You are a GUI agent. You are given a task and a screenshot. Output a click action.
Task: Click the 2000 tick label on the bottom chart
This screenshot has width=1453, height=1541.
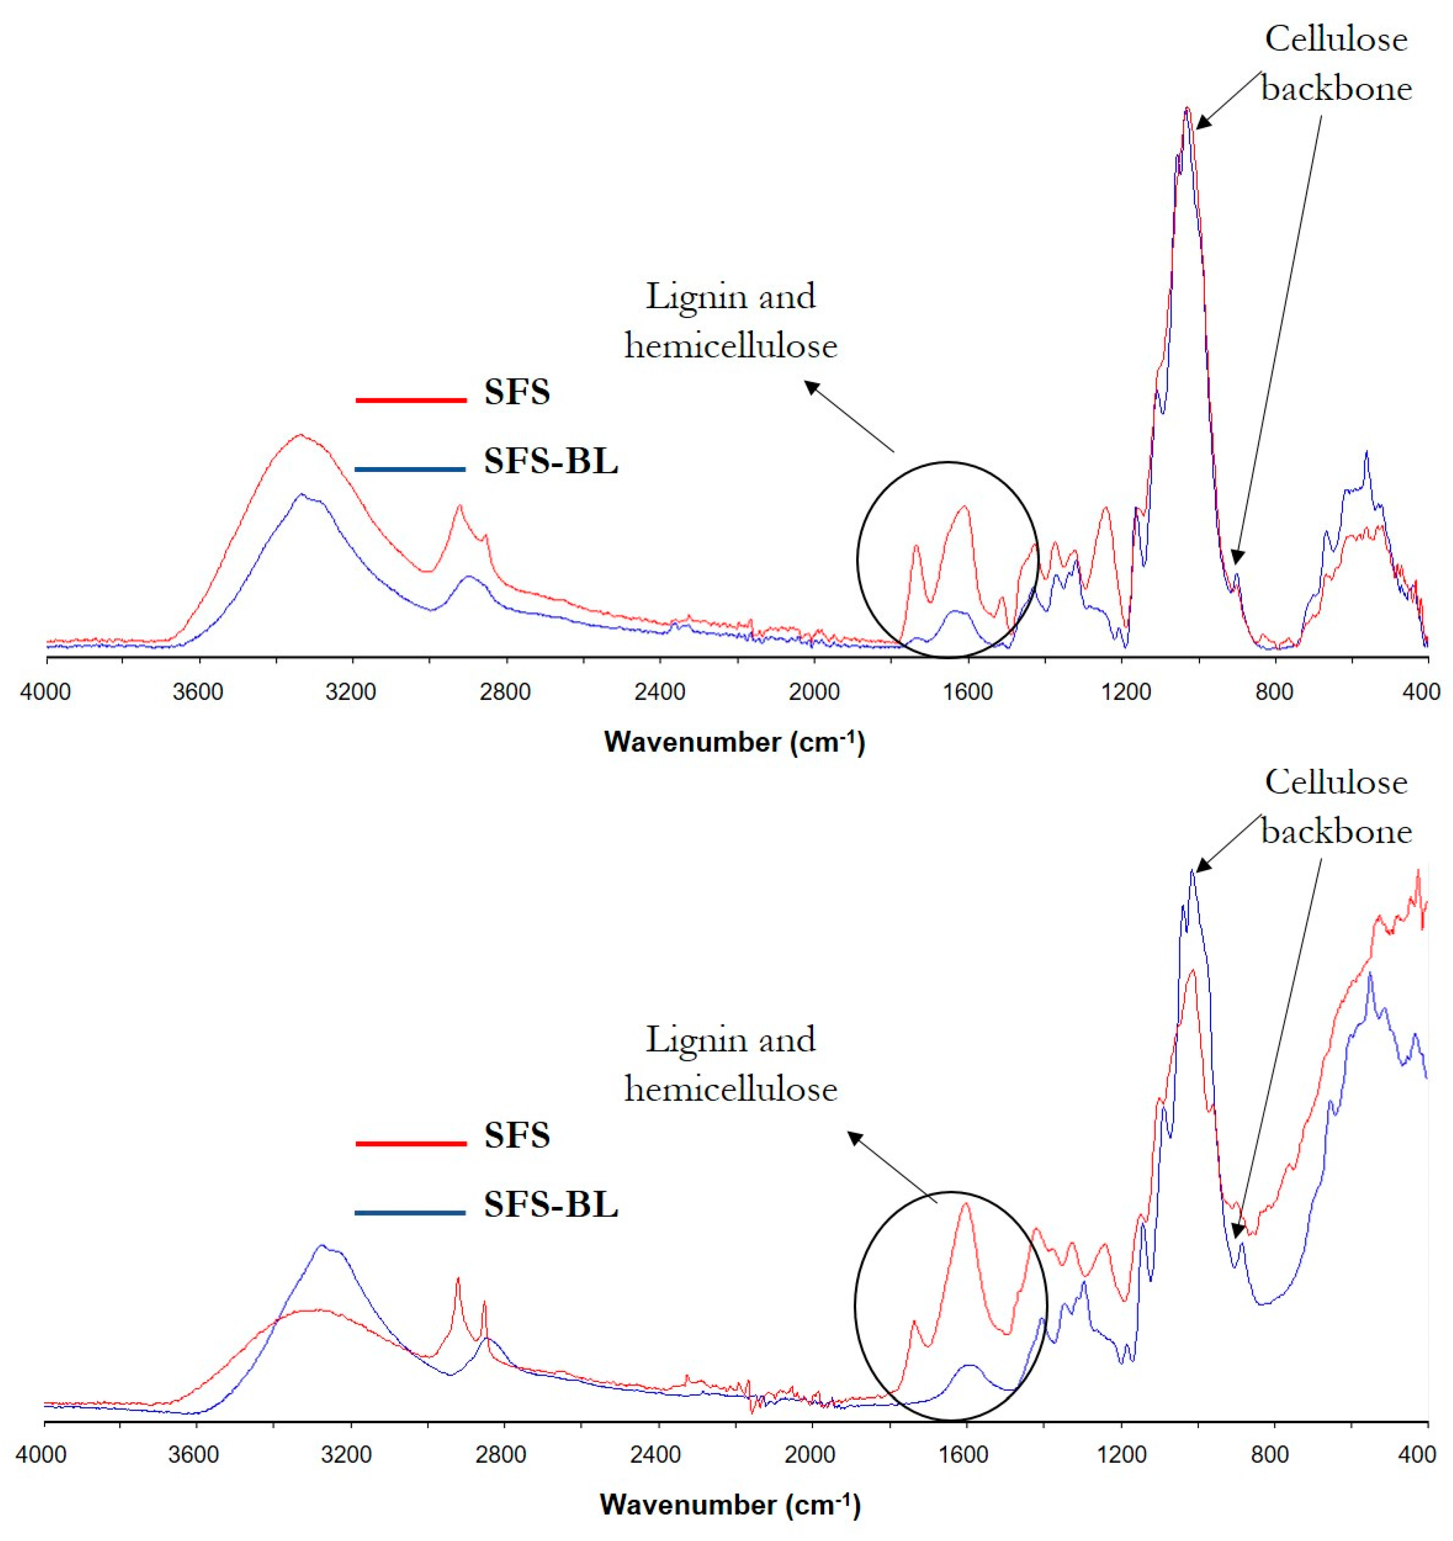tap(810, 1454)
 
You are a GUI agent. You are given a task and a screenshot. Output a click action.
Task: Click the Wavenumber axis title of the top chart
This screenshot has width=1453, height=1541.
tap(734, 743)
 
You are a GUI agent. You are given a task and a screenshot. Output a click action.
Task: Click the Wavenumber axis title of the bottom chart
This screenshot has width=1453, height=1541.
tap(730, 1506)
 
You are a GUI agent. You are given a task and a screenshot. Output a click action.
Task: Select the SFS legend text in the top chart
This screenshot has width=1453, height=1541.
tap(517, 392)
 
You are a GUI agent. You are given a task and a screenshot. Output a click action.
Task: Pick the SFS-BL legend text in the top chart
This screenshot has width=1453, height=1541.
tap(551, 462)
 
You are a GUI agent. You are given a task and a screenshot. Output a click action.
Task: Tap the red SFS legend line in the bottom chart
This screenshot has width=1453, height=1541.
tap(411, 1143)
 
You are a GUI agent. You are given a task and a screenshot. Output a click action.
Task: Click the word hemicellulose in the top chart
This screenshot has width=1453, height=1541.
tap(731, 346)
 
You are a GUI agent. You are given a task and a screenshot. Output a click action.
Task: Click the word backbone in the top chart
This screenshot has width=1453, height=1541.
tap(1336, 89)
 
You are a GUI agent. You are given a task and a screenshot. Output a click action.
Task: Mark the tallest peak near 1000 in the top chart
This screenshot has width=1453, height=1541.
tap(1186, 110)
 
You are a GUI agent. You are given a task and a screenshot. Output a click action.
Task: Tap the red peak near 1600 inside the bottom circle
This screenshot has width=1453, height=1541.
tap(965, 1204)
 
